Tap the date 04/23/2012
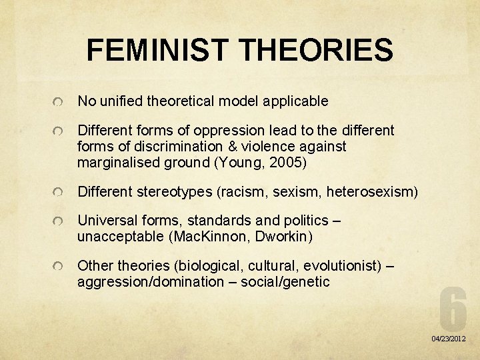pos(449,339)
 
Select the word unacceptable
pos(119,236)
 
